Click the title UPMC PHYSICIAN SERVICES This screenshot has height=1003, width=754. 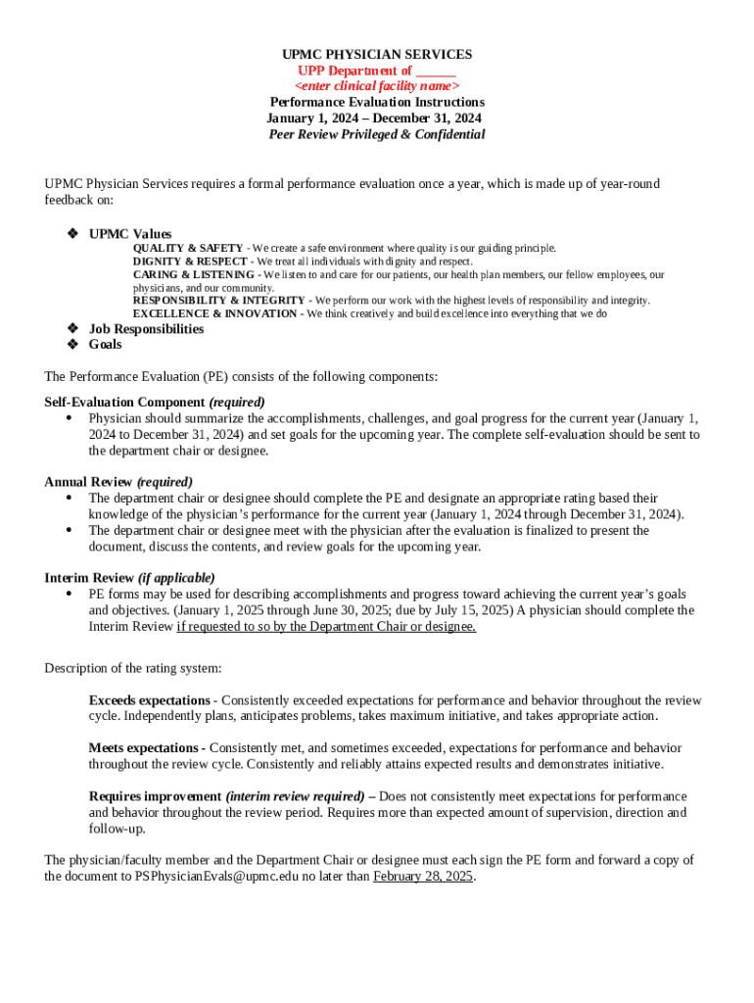(377, 55)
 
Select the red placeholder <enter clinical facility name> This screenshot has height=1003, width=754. (377, 86)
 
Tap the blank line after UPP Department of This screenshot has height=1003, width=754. (436, 71)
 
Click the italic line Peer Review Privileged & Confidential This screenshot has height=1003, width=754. (377, 134)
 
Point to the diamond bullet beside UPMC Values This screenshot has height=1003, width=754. (71, 234)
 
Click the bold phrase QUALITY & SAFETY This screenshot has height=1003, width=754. (188, 249)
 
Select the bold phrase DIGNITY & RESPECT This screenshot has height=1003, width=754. (190, 262)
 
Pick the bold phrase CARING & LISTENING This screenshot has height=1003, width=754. (193, 275)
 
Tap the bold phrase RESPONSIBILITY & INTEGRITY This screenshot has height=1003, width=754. (220, 301)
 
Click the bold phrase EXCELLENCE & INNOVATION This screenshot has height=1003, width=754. (214, 313)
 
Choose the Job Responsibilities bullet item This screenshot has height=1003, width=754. (146, 329)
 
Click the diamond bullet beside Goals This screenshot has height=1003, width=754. (71, 345)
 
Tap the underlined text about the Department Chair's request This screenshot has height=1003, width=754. (326, 626)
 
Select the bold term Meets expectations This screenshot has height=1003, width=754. (144, 748)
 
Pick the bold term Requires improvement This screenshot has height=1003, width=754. (154, 796)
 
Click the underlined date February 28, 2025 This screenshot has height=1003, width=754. (423, 877)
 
